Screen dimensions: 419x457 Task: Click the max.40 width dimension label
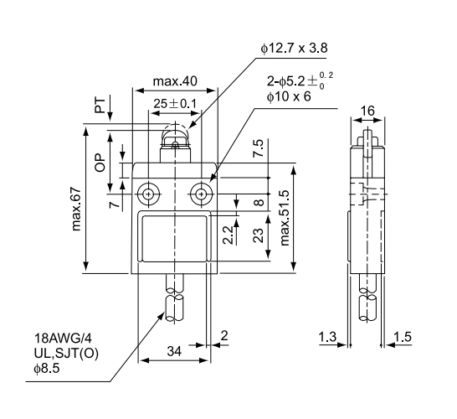pyautogui.click(x=175, y=84)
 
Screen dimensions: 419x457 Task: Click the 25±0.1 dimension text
pyautogui.click(x=175, y=105)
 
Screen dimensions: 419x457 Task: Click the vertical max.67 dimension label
pyautogui.click(x=78, y=208)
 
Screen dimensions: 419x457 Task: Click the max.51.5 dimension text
pyautogui.click(x=287, y=217)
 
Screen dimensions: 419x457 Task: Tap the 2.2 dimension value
pyautogui.click(x=228, y=234)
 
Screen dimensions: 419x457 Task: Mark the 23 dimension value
pyautogui.click(x=259, y=236)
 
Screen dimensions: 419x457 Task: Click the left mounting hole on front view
pyautogui.click(x=149, y=194)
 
